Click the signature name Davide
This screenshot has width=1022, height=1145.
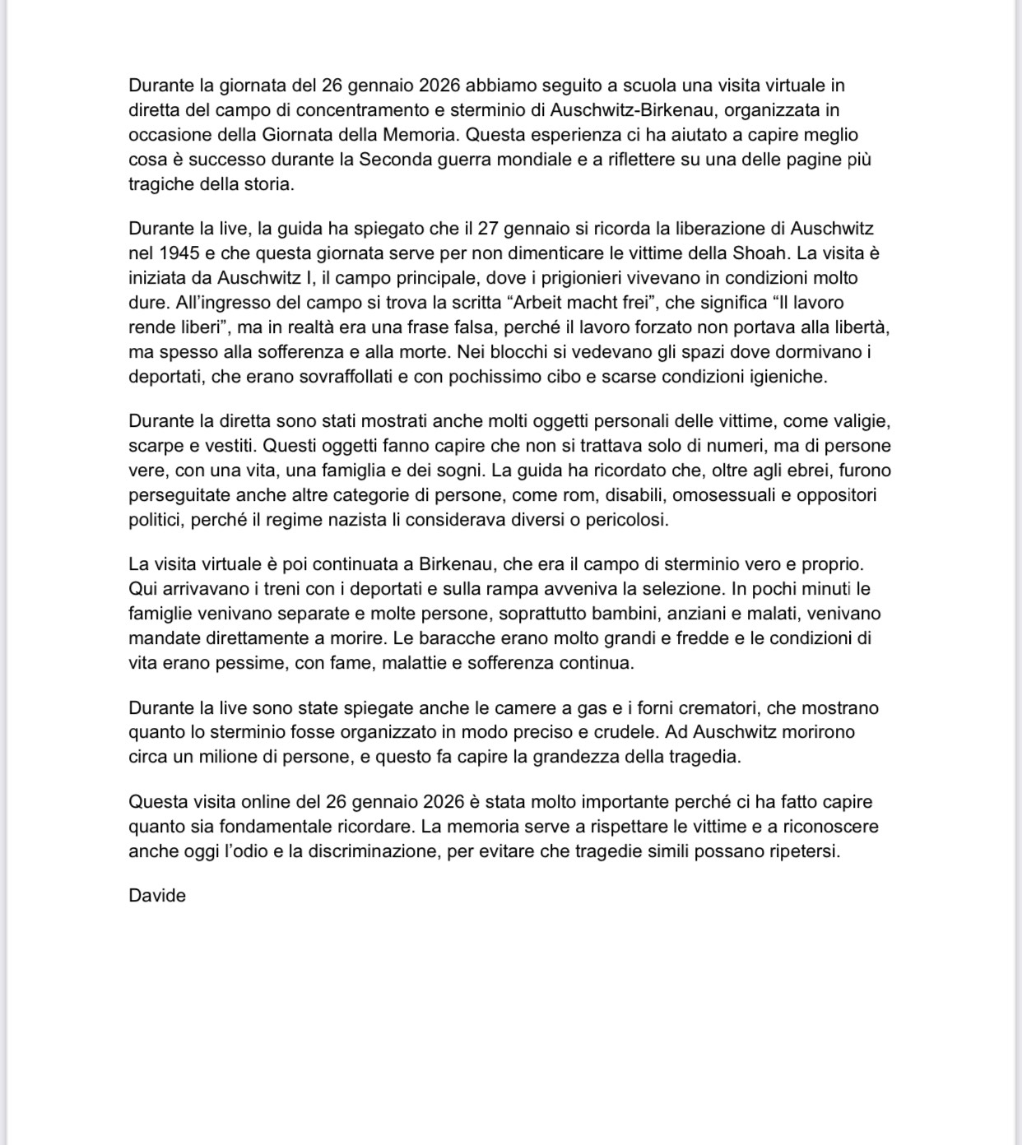(157, 896)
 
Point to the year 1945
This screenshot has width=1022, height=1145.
(179, 253)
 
